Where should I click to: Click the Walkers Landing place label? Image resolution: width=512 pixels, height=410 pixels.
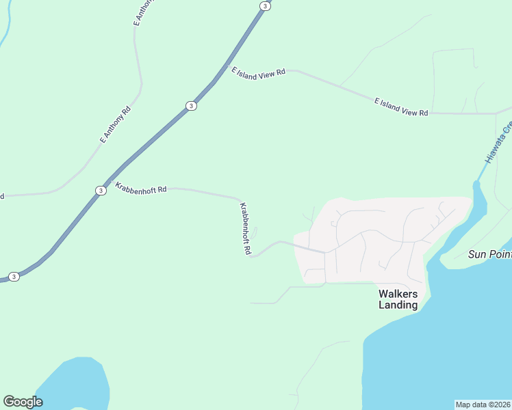coord(398,299)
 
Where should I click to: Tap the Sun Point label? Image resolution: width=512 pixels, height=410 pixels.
coord(489,254)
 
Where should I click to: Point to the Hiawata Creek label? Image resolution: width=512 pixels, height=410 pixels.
coord(499,142)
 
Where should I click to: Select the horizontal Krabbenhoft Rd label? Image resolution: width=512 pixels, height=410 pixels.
coord(142,187)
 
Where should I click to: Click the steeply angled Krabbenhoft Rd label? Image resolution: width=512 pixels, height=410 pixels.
coord(245,228)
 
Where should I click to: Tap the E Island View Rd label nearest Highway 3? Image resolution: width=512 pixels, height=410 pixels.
coord(259,73)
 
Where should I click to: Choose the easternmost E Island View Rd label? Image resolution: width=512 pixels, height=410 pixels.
coord(401,107)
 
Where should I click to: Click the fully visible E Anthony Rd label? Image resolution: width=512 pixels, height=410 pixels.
coord(115,124)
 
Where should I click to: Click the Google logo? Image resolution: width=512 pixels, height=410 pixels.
coord(23,401)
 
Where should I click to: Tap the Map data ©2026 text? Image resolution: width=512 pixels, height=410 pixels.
coord(483,405)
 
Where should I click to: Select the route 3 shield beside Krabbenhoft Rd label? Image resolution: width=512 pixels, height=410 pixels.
coord(101,190)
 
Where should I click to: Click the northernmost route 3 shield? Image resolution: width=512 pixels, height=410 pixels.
coord(264,5)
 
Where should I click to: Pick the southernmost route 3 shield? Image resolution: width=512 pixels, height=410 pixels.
coord(14,276)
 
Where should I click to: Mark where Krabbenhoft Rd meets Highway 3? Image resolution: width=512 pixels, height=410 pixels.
coord(110,181)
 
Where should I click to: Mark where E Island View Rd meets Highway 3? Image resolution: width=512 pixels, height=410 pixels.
coord(228,66)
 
